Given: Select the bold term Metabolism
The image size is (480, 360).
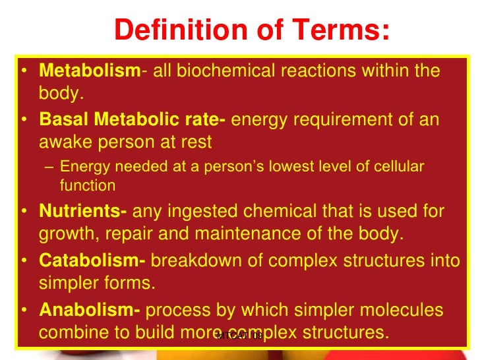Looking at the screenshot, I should [x=89, y=71].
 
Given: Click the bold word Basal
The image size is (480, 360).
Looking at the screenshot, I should [x=64, y=120].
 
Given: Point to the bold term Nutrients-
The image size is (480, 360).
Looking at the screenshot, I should [x=83, y=212].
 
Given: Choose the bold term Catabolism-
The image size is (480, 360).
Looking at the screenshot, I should [x=92, y=260].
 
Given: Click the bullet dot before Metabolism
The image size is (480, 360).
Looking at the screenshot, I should [x=24, y=71].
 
